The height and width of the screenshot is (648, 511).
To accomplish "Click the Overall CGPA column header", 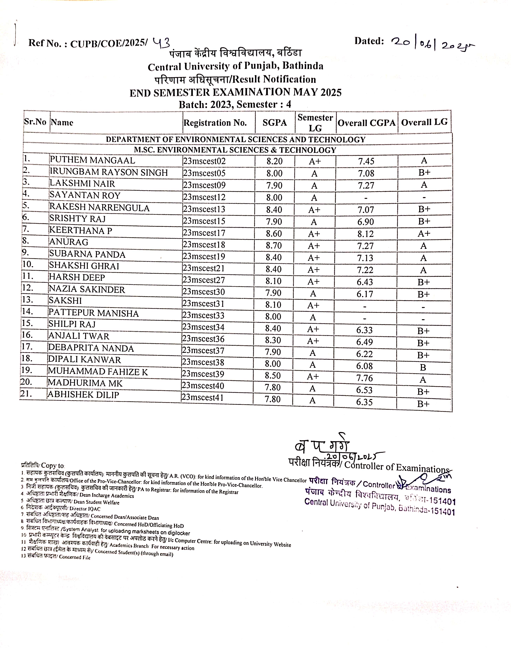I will (366, 123).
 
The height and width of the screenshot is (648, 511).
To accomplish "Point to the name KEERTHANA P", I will (81, 231).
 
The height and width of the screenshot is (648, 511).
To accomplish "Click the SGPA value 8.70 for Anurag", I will (274, 246).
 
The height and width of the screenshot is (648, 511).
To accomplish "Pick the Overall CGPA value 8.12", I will (366, 234).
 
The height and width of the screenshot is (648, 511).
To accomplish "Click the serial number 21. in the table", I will (26, 394).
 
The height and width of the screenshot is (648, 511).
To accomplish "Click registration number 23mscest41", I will (203, 398).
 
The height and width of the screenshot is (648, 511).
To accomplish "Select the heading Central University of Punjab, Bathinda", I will (236, 66).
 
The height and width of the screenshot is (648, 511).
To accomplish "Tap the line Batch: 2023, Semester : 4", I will (235, 104).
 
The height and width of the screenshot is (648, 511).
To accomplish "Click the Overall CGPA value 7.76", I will (364, 378).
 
